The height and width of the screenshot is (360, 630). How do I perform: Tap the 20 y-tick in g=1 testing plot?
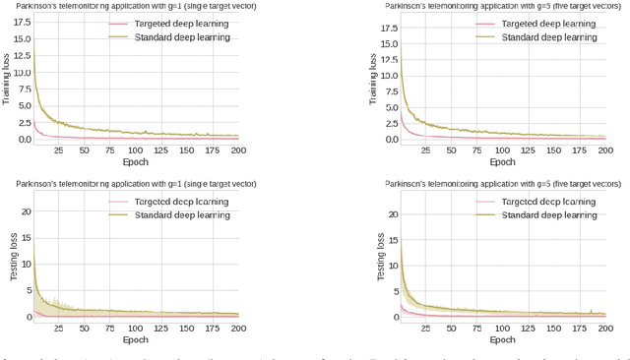point(26,211)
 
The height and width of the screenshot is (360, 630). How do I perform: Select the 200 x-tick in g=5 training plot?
point(604,150)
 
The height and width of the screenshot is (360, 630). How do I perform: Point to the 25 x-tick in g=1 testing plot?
point(58,330)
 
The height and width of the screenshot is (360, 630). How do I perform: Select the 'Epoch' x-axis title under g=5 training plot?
point(503,161)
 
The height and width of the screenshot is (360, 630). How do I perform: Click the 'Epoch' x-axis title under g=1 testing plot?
point(135,340)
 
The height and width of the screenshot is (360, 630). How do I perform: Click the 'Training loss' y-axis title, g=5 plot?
point(375,87)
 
